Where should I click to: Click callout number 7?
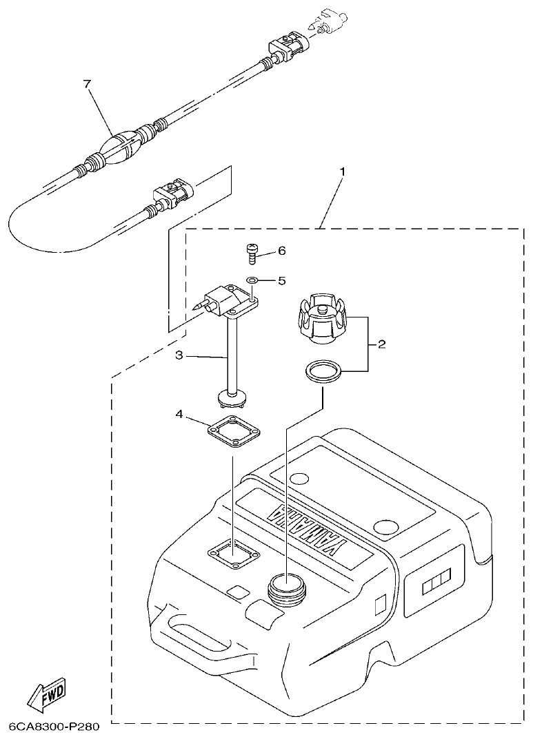tap(87, 84)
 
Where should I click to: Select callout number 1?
tap(343, 170)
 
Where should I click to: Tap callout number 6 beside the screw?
tap(281, 251)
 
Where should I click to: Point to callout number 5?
tap(281, 280)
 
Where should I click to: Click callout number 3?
tap(178, 356)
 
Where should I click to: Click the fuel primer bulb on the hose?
tap(122, 146)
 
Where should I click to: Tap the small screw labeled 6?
tap(252, 254)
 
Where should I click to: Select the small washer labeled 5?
tap(252, 280)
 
